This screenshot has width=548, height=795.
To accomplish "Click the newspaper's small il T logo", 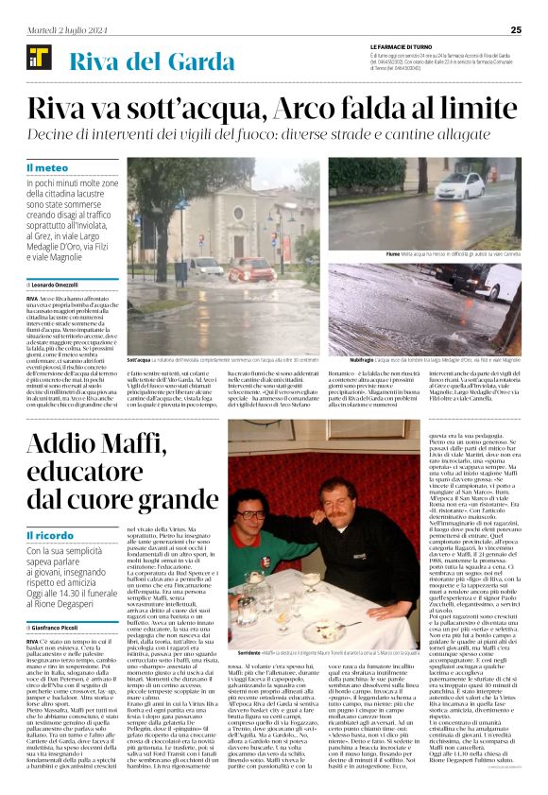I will coord(38,60).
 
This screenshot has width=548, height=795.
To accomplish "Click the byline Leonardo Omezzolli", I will coord(70,284).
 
